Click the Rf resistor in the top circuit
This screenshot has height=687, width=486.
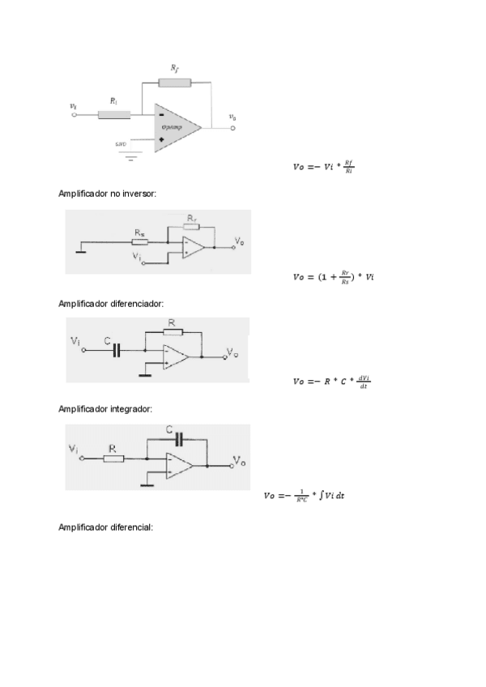(175, 83)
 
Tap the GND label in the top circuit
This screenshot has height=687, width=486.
(121, 144)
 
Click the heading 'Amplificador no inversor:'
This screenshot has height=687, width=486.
(108, 194)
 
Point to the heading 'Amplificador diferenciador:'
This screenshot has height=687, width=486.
(112, 304)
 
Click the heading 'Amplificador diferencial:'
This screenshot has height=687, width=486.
(105, 527)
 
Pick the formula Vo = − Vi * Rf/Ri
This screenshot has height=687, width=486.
(323, 169)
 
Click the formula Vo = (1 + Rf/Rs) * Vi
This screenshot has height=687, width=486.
(333, 277)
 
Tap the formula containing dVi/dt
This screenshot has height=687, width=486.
(332, 382)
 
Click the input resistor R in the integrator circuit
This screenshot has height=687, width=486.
(113, 459)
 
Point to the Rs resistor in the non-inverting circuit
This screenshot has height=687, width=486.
(140, 241)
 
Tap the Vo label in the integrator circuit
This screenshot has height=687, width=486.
(240, 460)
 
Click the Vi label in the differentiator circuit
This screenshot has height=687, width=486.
(76, 343)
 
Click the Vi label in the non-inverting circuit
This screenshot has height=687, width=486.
(136, 257)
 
